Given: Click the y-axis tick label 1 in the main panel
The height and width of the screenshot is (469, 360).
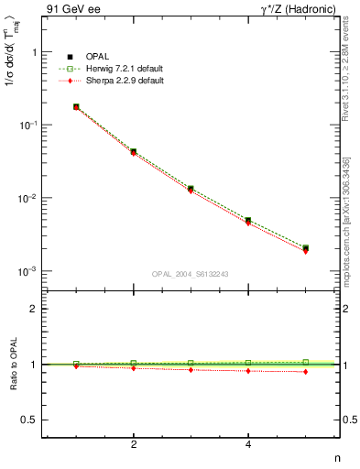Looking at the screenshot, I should [x=33, y=53].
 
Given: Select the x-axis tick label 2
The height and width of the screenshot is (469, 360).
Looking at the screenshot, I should [x=134, y=444].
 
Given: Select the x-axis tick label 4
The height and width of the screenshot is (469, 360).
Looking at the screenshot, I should [x=248, y=444].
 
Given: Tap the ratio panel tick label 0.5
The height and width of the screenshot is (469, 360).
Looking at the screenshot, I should [x=27, y=420].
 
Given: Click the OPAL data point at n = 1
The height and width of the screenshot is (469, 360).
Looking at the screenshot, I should [x=76, y=107].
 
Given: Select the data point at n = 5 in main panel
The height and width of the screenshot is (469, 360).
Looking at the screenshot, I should [x=306, y=248].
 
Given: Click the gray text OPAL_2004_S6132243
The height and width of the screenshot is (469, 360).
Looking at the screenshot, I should [x=190, y=274].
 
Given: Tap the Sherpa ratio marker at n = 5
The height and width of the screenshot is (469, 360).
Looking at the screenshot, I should [x=306, y=371].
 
